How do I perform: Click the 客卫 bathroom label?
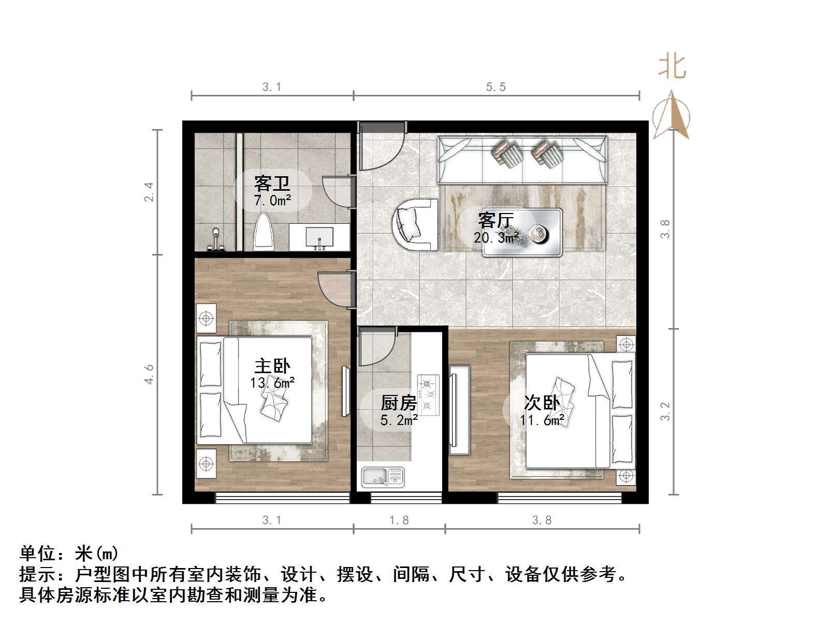click(271, 183)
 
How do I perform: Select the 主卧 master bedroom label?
click(272, 366)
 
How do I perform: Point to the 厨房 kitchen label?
click(399, 402)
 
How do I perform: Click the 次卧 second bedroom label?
click(542, 402)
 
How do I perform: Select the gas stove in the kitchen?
click(428, 395)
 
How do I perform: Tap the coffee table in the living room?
click(522, 233)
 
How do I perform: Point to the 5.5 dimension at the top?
click(495, 87)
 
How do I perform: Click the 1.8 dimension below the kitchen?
click(399, 520)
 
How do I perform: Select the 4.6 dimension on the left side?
click(149, 374)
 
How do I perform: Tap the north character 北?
click(672, 67)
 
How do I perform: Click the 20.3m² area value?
click(496, 238)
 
